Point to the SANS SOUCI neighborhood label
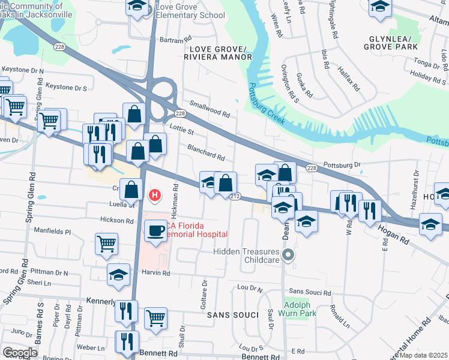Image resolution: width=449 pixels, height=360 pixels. (228, 315)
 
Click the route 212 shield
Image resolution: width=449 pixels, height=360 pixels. (235, 196)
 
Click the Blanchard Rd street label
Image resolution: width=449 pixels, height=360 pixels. (206, 153)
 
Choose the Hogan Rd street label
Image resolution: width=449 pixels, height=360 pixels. (393, 233)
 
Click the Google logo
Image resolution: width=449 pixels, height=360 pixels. (20, 353)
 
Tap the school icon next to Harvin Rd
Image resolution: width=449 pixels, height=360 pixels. (118, 275)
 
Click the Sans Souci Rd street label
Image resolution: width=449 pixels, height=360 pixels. (310, 293)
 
